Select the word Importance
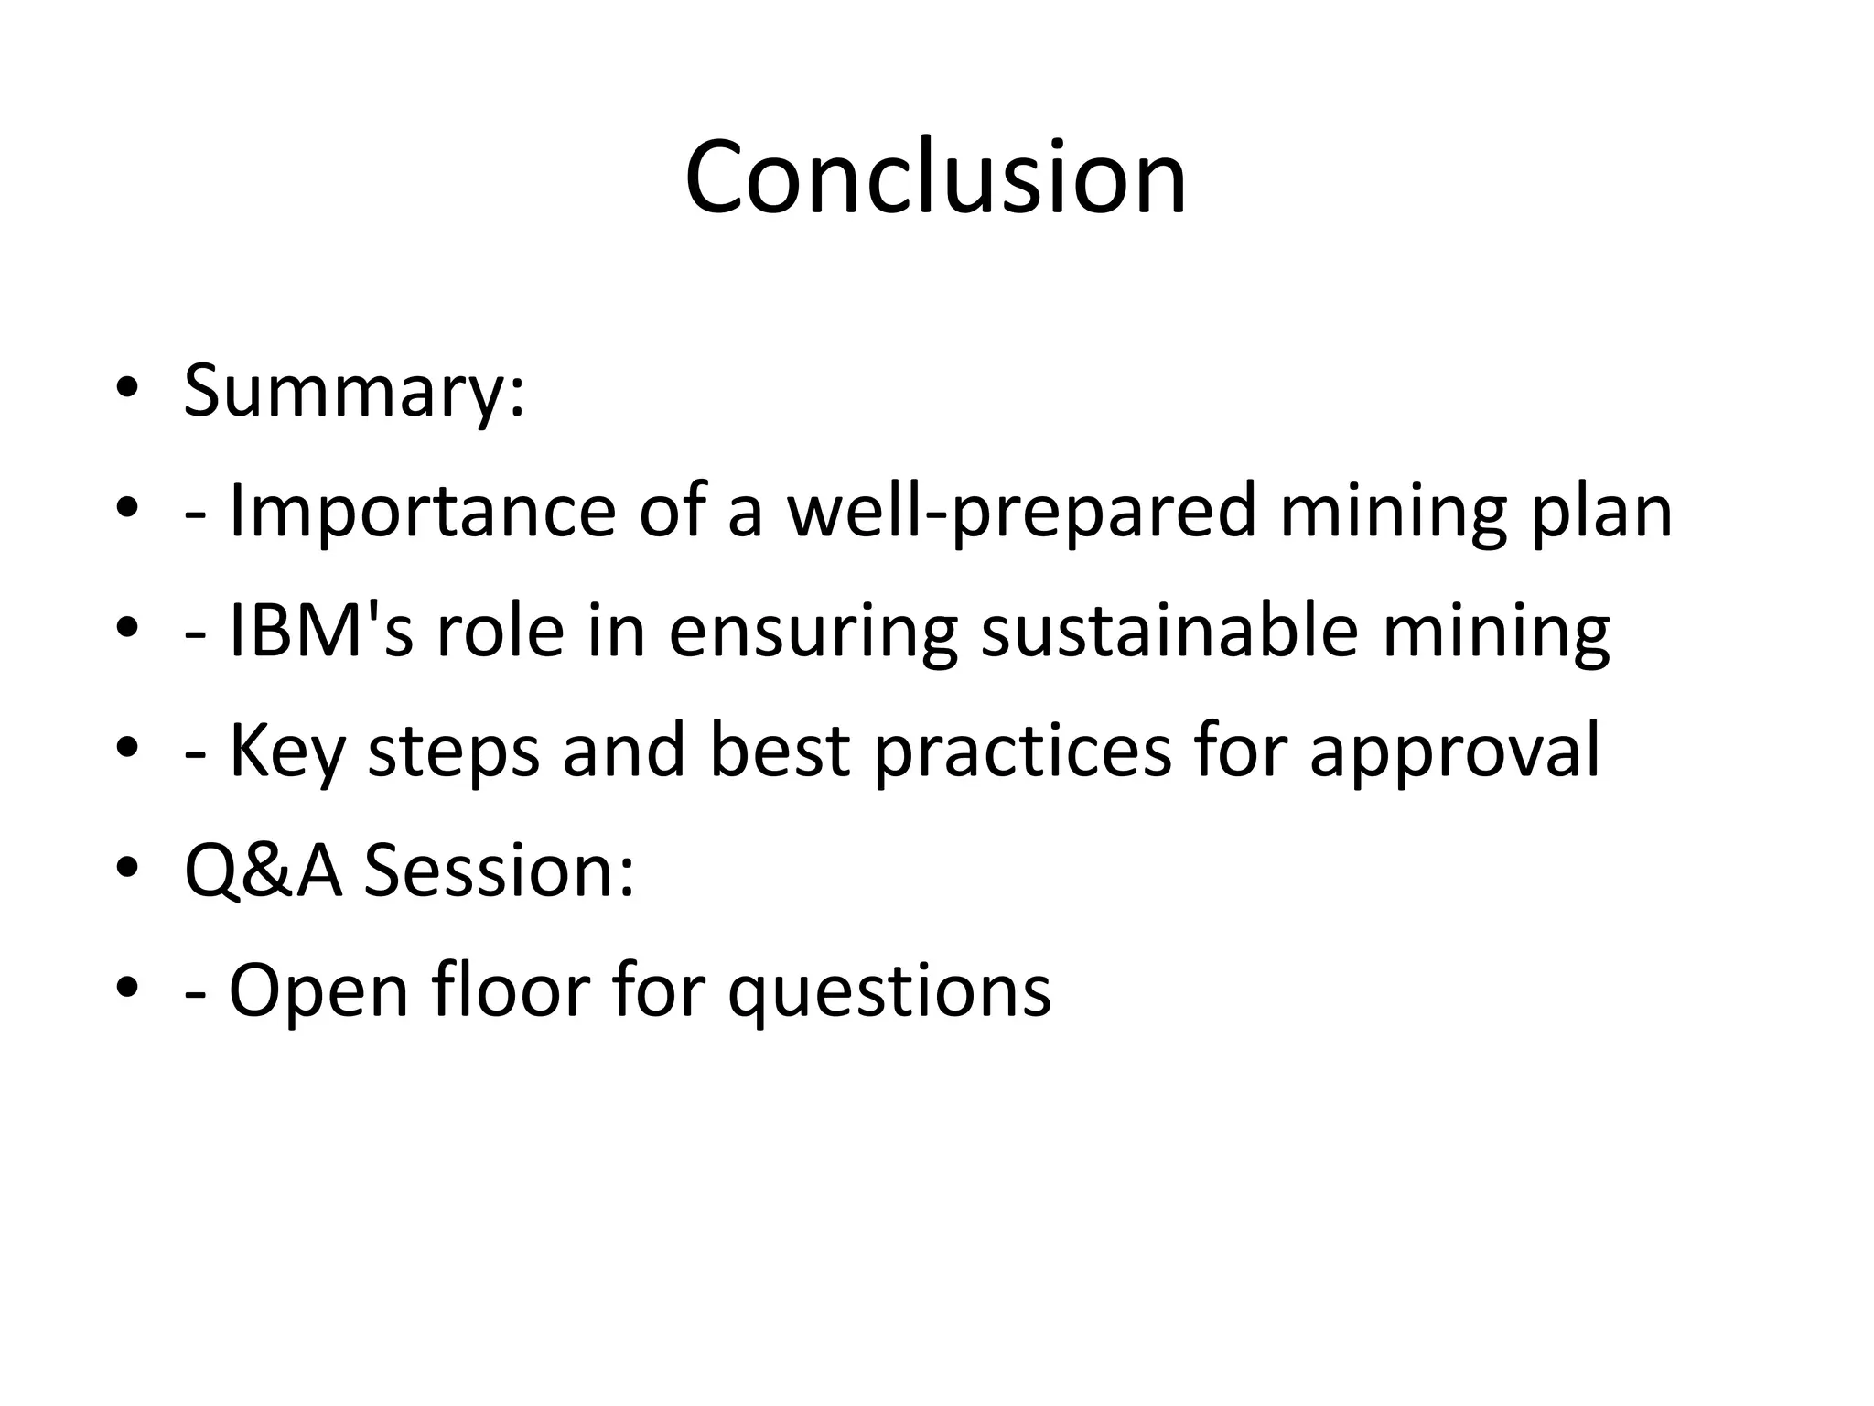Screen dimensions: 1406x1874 422,511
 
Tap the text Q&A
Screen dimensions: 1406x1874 264,871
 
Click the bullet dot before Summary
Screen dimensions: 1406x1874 127,390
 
